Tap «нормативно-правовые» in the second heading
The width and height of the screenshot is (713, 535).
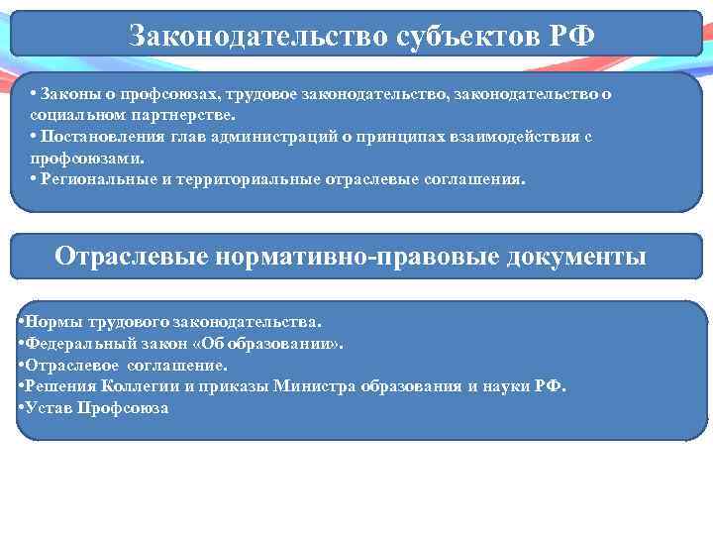(x=359, y=256)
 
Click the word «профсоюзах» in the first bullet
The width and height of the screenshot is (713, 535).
(x=170, y=93)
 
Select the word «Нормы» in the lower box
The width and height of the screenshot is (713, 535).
(x=47, y=322)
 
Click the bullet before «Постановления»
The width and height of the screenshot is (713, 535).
(x=34, y=137)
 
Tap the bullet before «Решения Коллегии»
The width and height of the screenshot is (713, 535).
(x=21, y=386)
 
